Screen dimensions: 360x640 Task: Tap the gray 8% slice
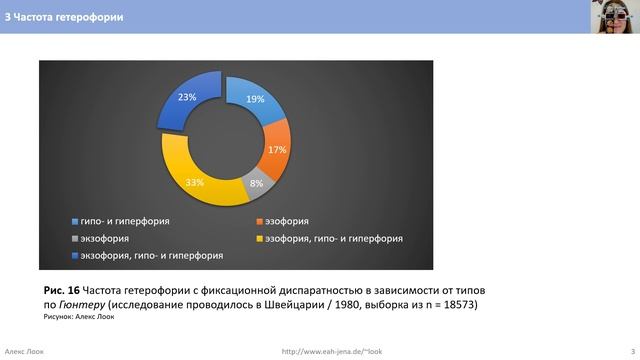click(257, 183)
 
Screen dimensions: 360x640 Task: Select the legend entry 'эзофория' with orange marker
click(291, 221)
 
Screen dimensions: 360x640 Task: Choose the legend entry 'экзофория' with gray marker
click(106, 238)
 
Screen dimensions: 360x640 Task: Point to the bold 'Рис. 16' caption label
click(63, 289)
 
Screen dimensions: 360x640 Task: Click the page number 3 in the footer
click(619, 350)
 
